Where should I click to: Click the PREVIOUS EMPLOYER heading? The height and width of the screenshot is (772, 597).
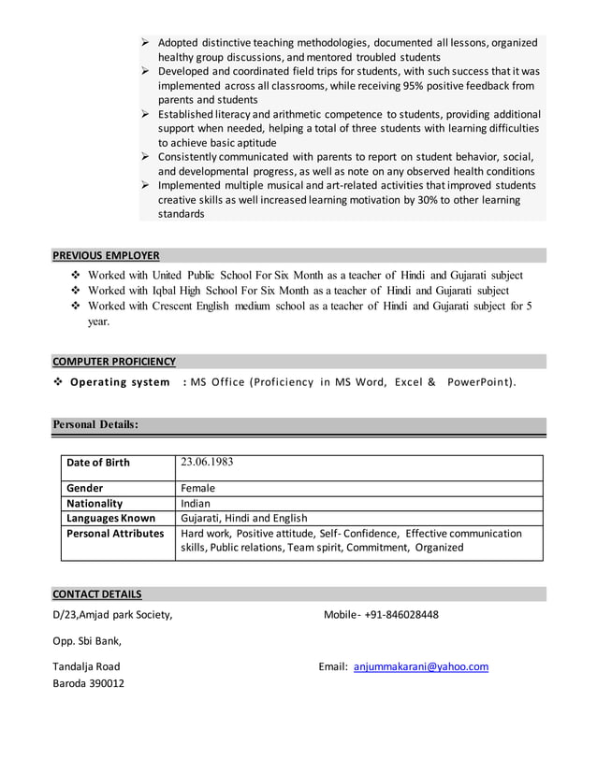pyautogui.click(x=106, y=255)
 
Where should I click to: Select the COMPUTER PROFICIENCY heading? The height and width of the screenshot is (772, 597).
pyautogui.click(x=113, y=361)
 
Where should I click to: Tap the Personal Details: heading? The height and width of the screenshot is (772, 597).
pyautogui.click(x=95, y=424)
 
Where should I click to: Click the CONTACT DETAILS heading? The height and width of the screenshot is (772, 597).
pyautogui.click(x=97, y=593)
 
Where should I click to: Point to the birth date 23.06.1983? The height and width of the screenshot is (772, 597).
pyautogui.click(x=207, y=462)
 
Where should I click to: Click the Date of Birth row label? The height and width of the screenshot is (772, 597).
pyautogui.click(x=98, y=463)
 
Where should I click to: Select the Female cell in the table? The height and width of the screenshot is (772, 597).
pyautogui.click(x=197, y=488)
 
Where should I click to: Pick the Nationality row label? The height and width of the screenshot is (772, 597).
pyautogui.click(x=95, y=503)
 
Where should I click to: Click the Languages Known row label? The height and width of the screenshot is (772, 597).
pyautogui.click(x=110, y=518)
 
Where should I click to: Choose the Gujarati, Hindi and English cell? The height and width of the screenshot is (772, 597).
pyautogui.click(x=243, y=518)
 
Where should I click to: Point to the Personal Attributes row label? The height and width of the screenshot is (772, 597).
pyautogui.click(x=115, y=533)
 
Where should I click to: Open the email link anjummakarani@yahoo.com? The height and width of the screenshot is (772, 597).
pyautogui.click(x=420, y=666)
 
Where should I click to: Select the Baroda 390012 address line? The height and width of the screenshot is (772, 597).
pyautogui.click(x=88, y=683)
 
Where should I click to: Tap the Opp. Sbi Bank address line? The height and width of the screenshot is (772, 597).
pyautogui.click(x=86, y=640)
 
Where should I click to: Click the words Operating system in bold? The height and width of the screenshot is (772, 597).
pyautogui.click(x=120, y=382)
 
